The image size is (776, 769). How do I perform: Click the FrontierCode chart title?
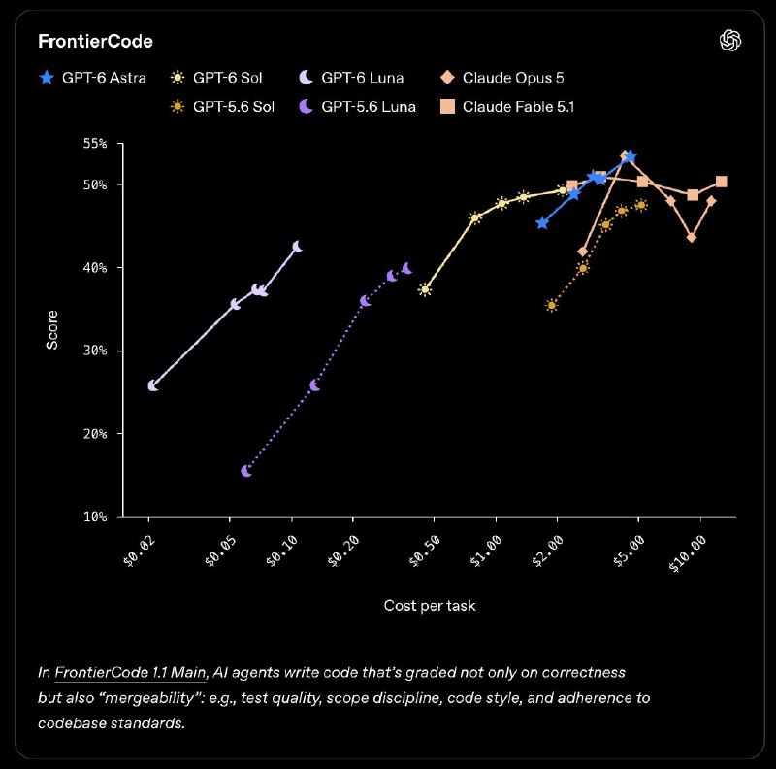(95, 41)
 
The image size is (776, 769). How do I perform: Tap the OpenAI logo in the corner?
(730, 40)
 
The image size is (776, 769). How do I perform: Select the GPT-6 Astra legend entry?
(92, 78)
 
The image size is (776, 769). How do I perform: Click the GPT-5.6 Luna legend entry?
(357, 107)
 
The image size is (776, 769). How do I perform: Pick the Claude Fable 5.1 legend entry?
(506, 107)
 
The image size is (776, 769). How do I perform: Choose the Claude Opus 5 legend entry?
(501, 78)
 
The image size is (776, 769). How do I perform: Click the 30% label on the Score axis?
(95, 351)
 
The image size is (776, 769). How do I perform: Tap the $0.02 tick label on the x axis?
(139, 551)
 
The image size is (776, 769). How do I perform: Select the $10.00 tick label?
(688, 553)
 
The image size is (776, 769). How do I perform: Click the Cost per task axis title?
(430, 606)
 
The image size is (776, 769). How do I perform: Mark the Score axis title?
(52, 330)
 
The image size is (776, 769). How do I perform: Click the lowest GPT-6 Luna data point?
(153, 385)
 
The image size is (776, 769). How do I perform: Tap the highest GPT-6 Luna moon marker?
(298, 247)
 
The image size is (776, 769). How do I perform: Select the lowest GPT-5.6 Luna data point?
(246, 471)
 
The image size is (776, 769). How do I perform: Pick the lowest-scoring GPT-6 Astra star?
(542, 223)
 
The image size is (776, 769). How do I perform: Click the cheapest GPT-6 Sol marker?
(425, 290)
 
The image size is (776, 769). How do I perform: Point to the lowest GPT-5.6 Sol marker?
(552, 305)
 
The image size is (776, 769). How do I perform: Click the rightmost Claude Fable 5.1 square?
(721, 182)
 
